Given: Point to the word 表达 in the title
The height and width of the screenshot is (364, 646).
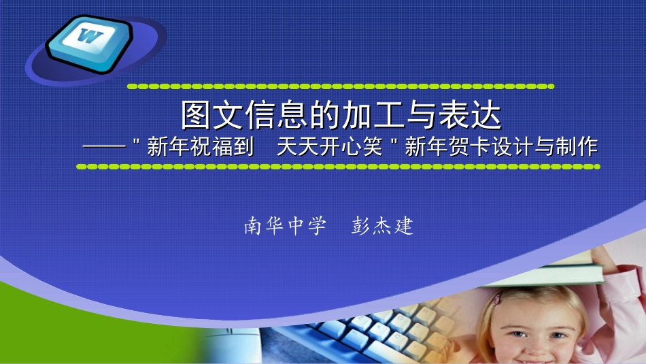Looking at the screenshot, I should coord(470,116).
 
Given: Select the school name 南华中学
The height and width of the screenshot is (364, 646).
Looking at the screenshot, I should coord(285,226).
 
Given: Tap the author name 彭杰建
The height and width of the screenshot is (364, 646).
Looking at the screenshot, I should coord(383,226).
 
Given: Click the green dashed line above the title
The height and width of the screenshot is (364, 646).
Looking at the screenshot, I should coord(340,87).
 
